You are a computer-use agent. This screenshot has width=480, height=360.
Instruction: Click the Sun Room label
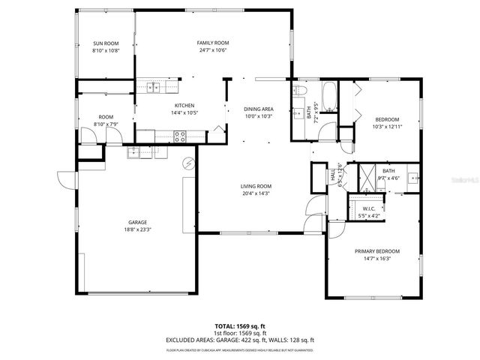pos(105,44)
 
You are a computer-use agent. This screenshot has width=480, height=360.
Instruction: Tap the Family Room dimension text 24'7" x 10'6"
pos(212,51)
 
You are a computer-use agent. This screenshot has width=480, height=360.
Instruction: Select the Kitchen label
pos(184,105)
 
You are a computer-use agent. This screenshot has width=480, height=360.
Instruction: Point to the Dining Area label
pos(258,109)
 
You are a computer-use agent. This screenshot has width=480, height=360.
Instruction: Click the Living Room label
pos(256,186)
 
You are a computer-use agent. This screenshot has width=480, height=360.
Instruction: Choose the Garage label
pos(136,222)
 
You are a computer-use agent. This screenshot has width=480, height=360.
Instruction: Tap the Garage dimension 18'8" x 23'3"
pos(136,229)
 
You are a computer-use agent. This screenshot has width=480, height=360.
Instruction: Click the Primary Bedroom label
pos(377,251)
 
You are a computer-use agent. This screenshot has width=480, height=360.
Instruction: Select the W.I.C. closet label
pos(369,208)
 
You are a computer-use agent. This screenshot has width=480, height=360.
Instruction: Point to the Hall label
pos(333,175)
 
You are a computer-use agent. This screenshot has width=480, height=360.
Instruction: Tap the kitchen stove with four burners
pos(180,136)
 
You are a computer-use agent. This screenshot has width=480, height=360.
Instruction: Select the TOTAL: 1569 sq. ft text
pos(239,326)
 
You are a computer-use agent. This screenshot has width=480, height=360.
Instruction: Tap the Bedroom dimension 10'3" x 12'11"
pos(388,126)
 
